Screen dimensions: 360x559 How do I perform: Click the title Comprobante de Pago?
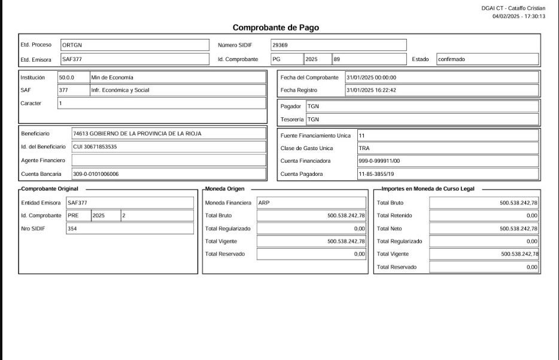pos(275,28)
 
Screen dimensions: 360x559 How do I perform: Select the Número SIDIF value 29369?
pos(280,45)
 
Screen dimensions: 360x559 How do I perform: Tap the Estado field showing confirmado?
pos(451,59)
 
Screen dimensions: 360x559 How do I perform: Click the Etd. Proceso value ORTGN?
pos(71,45)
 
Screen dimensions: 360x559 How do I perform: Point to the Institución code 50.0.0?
pos(66,77)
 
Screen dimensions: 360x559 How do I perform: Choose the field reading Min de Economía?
pos(113,77)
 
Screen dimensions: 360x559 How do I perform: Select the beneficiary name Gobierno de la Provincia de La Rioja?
pos(137,133)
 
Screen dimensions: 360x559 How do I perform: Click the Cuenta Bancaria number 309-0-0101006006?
pos(96,174)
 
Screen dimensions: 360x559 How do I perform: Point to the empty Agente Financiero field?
pos(168,160)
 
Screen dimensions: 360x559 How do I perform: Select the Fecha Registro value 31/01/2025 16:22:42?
pos(371,90)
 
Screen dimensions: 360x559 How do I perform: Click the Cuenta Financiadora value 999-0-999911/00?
pos(379,161)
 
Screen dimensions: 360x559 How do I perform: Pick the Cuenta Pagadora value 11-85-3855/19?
pos(376,174)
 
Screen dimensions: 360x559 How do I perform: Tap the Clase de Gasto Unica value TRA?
pos(364,148)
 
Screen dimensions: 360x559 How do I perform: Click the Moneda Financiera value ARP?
pos(264,203)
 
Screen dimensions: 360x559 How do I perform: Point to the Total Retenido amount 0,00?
pos(531,215)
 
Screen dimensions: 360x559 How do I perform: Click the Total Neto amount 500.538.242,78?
pos(518,228)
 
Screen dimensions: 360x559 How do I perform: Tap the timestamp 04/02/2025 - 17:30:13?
pos(518,16)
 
